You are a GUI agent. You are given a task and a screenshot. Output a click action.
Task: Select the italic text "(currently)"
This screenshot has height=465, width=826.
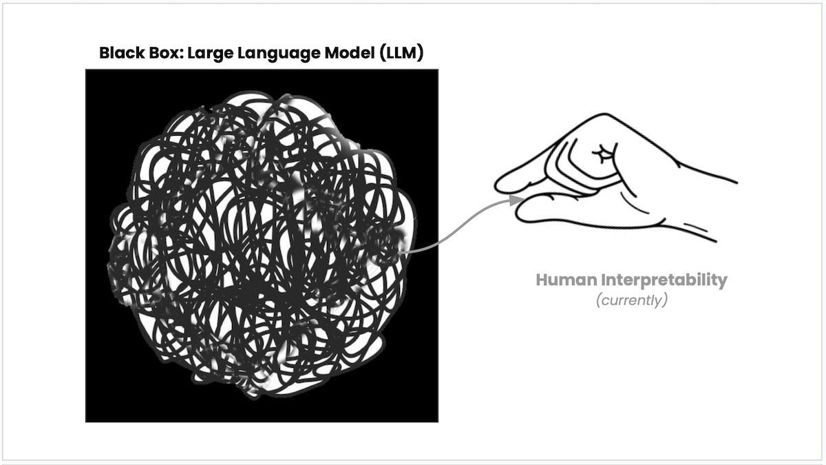pyautogui.click(x=632, y=301)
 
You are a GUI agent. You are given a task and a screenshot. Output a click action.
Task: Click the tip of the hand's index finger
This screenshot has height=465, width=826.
pyautogui.click(x=500, y=185)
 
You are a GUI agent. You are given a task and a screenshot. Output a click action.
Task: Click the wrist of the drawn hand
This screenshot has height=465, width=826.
pyautogui.click(x=709, y=207)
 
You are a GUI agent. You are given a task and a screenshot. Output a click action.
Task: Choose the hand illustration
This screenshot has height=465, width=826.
pyautogui.click(x=613, y=179)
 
